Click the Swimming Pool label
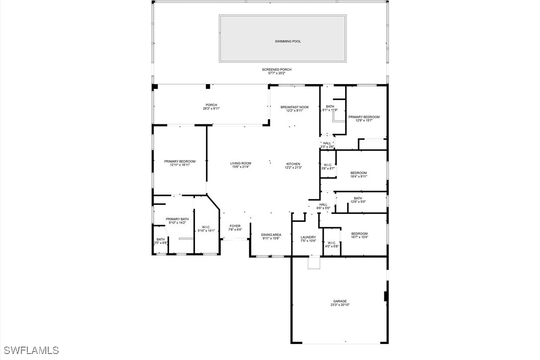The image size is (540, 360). [x=288, y=41]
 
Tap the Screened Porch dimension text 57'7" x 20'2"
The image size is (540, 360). [x=276, y=74]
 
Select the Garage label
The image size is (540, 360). [x=340, y=301]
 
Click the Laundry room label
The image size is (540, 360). [x=308, y=237]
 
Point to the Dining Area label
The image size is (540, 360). [x=271, y=235]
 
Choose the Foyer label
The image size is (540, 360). [x=235, y=226]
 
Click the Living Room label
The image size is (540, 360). [x=241, y=163]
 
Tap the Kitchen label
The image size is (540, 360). [x=293, y=164]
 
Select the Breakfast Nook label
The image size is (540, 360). [x=294, y=107]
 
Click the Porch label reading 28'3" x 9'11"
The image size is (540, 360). [x=211, y=105]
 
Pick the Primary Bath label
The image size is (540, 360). [x=177, y=219]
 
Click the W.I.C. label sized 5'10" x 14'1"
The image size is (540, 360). [x=206, y=227]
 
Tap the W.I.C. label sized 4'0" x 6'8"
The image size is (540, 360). [x=332, y=243]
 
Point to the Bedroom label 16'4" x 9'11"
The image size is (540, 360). [x=359, y=173]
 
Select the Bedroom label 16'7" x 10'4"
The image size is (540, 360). [x=360, y=234]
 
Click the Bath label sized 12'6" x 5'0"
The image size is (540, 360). [x=358, y=198]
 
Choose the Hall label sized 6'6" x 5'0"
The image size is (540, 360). [x=323, y=204]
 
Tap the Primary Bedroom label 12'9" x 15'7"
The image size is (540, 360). [x=364, y=117]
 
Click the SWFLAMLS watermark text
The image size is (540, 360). [x=31, y=350]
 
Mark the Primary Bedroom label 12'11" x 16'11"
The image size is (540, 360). [x=180, y=161]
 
